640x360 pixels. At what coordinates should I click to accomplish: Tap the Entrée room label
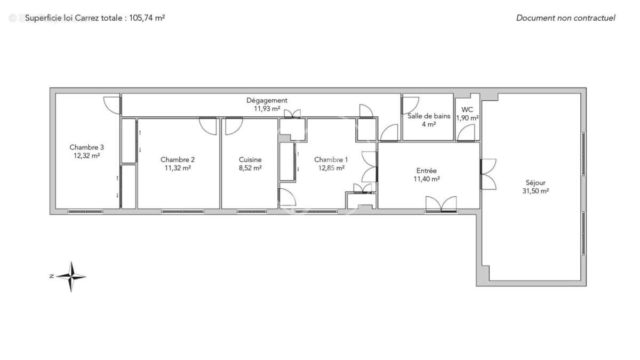(x=427, y=171)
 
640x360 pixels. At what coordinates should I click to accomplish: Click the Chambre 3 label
(x=86, y=148)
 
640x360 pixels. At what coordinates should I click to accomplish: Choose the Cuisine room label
(x=250, y=159)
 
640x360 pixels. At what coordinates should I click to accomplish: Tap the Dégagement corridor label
(x=267, y=100)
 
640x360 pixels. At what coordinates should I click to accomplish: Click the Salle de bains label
(x=429, y=116)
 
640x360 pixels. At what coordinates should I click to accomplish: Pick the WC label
(x=467, y=110)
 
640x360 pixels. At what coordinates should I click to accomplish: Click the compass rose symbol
(x=71, y=276)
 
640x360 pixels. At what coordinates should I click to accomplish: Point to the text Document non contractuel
(x=565, y=18)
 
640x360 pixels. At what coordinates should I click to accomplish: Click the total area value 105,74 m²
(x=147, y=18)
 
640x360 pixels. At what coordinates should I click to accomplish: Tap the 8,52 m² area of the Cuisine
(x=250, y=167)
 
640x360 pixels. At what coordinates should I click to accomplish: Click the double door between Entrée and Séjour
(x=487, y=174)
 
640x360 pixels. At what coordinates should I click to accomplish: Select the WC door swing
(x=467, y=133)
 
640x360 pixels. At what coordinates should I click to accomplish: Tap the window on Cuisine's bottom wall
(x=252, y=212)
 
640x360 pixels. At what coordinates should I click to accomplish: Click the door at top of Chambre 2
(x=208, y=126)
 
